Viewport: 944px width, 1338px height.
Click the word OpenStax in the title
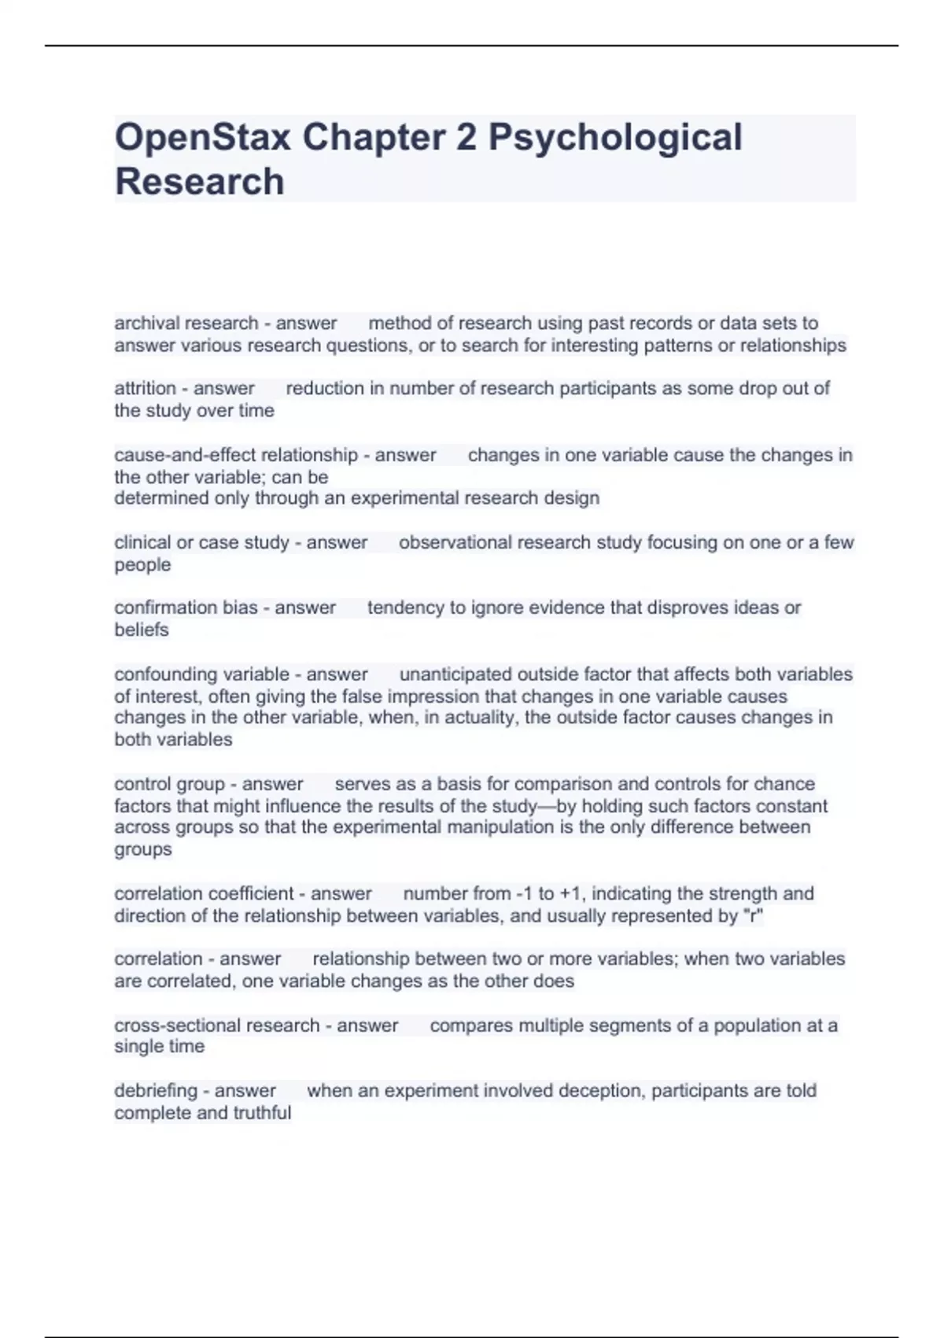pyautogui.click(x=202, y=138)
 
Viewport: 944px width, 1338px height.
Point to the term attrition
pyautogui.click(x=145, y=389)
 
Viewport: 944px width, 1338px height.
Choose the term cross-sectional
pyautogui.click(x=178, y=1026)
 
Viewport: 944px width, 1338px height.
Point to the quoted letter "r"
pyautogui.click(x=753, y=916)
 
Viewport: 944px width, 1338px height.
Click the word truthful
pyautogui.click(x=261, y=1113)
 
